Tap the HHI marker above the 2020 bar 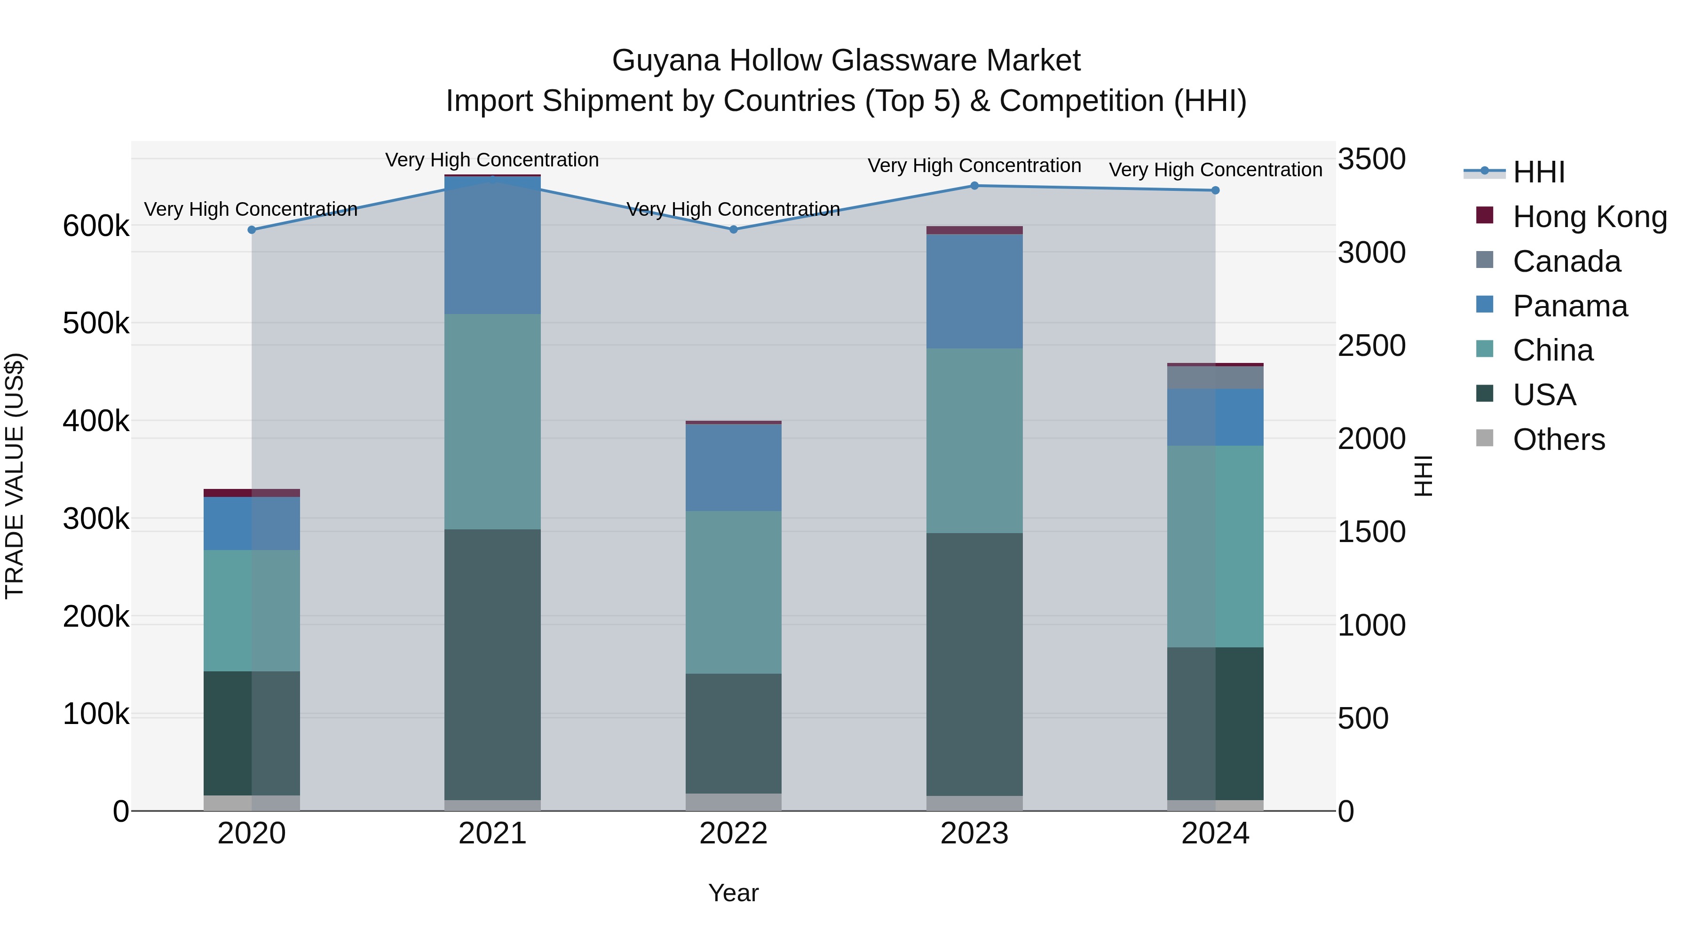[252, 230]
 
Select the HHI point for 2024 [1215, 190]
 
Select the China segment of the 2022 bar [734, 592]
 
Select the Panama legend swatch [1485, 305]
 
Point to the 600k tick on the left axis [96, 227]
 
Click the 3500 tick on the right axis [1372, 160]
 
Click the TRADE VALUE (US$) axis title [15, 476]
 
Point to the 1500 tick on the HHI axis [1372, 532]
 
